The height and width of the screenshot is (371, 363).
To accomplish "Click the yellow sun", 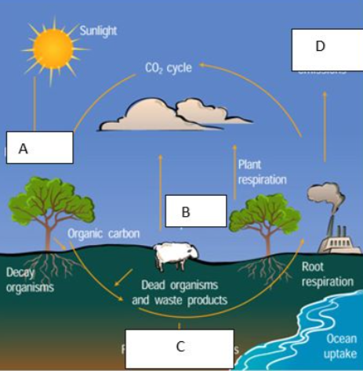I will (52, 49).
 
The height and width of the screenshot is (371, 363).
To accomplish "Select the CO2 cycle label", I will (168, 68).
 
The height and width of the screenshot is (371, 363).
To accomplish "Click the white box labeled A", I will (40, 147).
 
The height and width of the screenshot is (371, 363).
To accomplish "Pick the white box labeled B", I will (196, 211).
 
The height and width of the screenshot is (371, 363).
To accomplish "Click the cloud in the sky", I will (177, 114).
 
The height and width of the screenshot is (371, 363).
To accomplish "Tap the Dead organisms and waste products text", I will (180, 292).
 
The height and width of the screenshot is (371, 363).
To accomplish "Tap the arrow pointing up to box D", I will (325, 125).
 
